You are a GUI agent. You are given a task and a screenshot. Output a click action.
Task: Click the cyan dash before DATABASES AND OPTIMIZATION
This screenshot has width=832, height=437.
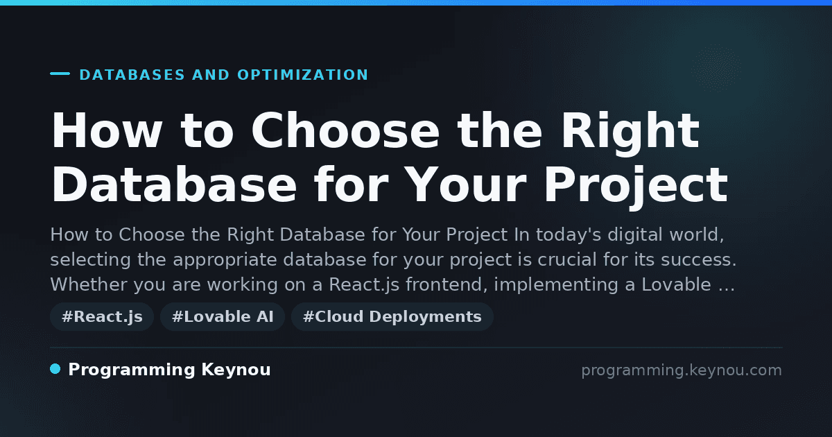(60, 74)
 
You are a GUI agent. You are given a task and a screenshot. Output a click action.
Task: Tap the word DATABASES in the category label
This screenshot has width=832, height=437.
(132, 75)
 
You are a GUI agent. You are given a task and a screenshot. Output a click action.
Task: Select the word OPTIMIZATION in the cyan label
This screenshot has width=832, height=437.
(303, 75)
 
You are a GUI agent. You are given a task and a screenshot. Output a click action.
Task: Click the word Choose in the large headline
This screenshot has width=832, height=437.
(345, 130)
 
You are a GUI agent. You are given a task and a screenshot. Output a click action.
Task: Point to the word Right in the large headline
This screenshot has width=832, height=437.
(630, 133)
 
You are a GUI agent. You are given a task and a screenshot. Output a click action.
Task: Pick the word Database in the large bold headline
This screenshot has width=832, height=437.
(174, 185)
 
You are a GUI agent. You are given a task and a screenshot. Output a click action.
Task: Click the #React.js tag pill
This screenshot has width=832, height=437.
(102, 316)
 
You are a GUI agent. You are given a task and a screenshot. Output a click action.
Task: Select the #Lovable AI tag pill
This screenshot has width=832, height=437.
(223, 316)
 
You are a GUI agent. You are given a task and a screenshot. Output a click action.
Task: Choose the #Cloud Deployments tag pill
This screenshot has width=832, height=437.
(392, 316)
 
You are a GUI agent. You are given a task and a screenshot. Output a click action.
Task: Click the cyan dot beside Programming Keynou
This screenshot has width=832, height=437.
(55, 369)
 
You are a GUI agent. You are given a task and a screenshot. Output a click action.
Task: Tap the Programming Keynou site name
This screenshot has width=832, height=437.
(169, 370)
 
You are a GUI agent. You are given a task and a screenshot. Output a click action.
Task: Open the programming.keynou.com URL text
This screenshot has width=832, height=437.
(682, 370)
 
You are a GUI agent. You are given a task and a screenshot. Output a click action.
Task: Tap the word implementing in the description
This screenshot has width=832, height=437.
(556, 285)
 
